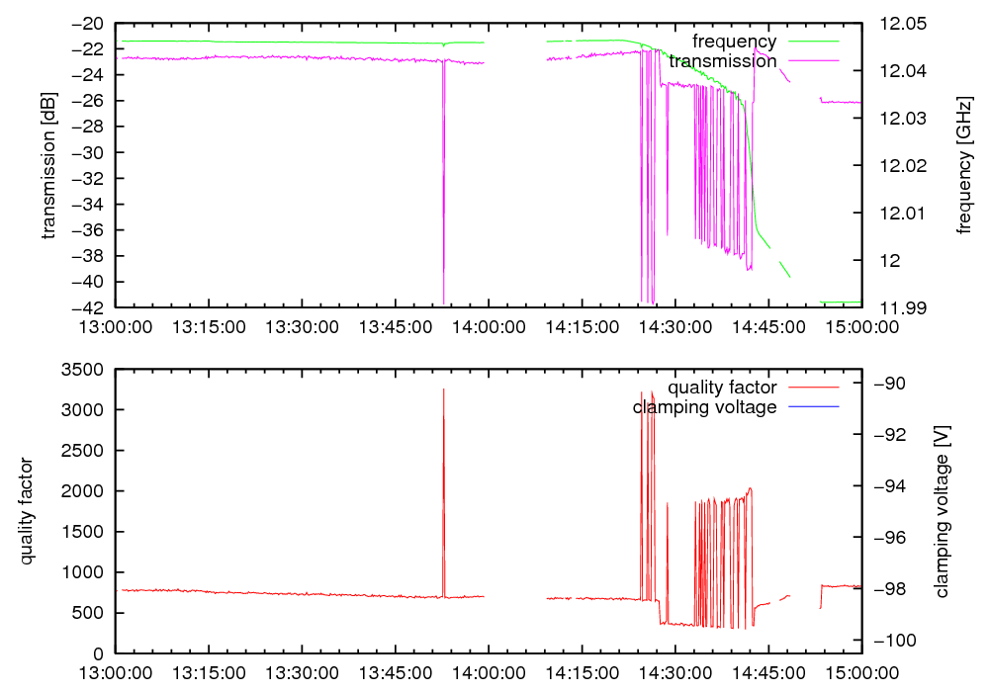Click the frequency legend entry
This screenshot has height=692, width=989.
(x=734, y=42)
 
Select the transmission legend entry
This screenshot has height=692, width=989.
(x=723, y=61)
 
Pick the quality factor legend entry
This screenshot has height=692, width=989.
(x=722, y=388)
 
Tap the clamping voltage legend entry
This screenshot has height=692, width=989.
(x=705, y=407)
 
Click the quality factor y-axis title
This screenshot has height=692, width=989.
(x=27, y=511)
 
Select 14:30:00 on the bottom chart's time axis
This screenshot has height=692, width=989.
(x=675, y=672)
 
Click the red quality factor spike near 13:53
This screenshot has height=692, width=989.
(x=443, y=475)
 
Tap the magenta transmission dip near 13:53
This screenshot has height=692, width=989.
(x=443, y=198)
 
